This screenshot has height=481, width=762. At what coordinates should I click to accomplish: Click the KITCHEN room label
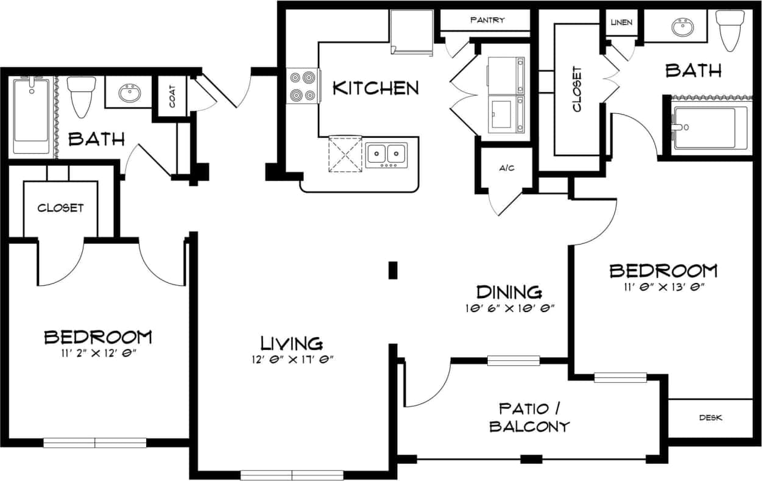point(375,88)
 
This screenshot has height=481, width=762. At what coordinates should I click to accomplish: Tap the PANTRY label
point(487,20)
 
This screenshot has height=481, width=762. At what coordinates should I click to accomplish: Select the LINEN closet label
point(621,23)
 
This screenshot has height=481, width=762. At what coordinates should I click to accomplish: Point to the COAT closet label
point(173,96)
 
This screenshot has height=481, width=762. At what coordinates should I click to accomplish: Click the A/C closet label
point(507,168)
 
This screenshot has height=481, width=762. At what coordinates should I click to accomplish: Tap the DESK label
point(710,418)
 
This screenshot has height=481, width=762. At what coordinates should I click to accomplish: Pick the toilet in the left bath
point(79,96)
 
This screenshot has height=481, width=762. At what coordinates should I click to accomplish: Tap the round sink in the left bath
point(129,93)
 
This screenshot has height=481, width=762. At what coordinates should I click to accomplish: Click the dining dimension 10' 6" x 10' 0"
point(509,308)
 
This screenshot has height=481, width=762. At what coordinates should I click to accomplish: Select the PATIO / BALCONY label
point(530,417)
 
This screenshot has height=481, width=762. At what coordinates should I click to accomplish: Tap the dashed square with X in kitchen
point(345,154)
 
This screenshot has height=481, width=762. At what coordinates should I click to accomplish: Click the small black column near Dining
point(393,270)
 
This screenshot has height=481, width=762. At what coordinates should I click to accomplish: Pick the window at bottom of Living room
point(292,474)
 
